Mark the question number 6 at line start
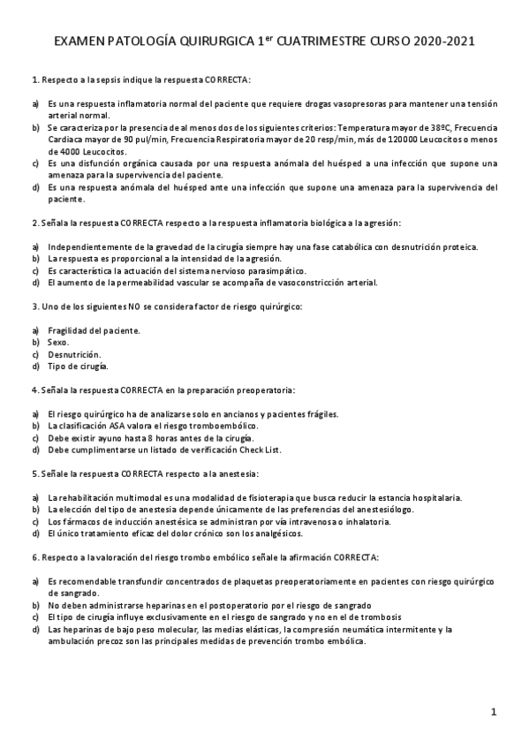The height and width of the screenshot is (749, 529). pos(33,557)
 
